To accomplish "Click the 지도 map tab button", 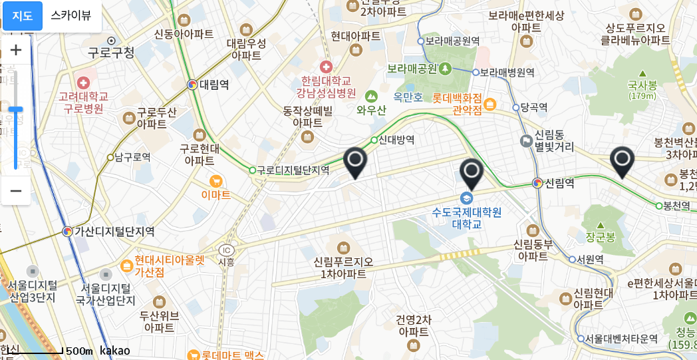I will [23, 16].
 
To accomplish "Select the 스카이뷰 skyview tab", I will [71, 16].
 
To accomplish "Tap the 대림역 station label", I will [214, 85].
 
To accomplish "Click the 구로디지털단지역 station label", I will [293, 170].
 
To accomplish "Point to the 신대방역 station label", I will [396, 140].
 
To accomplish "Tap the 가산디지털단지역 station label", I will [114, 232].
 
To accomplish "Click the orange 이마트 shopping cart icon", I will [215, 181].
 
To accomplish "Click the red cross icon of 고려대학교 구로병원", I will [83, 83].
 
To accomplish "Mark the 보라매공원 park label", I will [412, 68].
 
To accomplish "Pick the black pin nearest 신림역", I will [472, 174].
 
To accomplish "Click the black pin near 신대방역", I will [355, 162].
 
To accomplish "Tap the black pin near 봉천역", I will [622, 162].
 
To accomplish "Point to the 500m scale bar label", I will [79, 351].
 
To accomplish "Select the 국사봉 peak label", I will [642, 85].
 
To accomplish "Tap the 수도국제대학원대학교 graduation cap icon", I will [467, 198].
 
